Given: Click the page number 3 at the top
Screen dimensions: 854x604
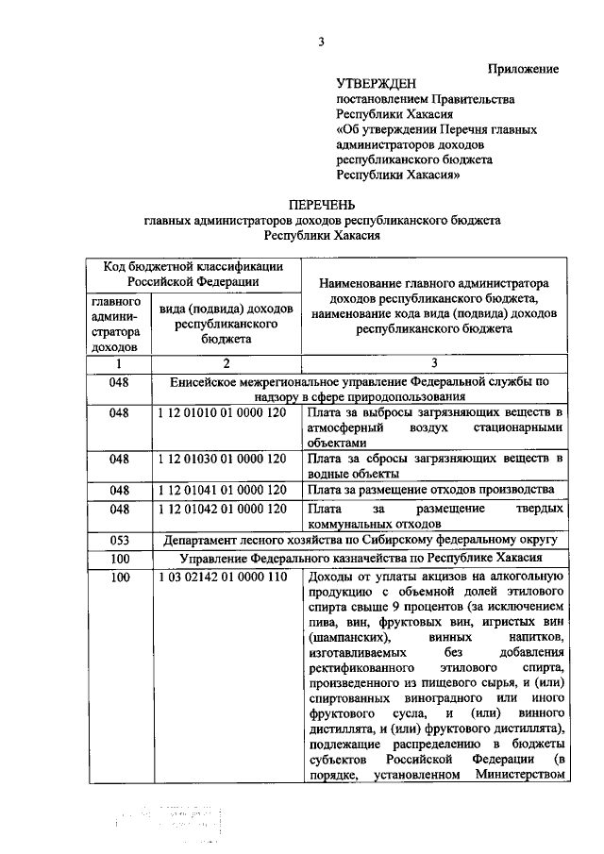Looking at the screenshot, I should click(320, 40).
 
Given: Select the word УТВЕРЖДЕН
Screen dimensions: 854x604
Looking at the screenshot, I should click(377, 84).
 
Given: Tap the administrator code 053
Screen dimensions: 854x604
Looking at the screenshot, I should click(119, 540).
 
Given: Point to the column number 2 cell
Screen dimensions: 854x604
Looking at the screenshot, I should click(226, 364).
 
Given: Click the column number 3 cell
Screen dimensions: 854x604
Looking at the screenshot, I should click(433, 364).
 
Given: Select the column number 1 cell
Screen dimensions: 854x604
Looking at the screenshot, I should click(119, 364).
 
